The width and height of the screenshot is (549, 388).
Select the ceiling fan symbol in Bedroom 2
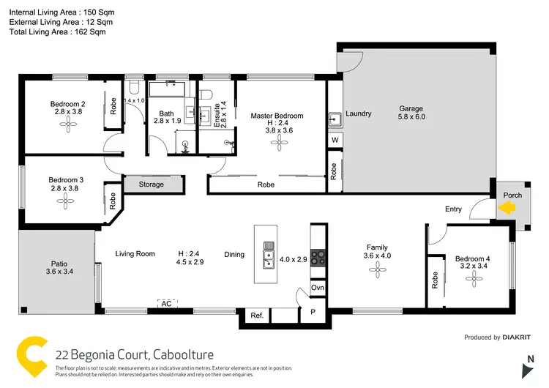69,125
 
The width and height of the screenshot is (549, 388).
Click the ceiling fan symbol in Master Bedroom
277,143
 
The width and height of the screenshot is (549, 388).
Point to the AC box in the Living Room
165,302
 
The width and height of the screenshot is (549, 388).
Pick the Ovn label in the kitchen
318,288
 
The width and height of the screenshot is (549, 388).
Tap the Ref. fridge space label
257,316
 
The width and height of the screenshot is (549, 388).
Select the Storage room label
152,184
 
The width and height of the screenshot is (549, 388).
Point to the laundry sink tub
335,118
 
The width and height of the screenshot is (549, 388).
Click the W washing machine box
335,139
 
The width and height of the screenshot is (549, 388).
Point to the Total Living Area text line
57,32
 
